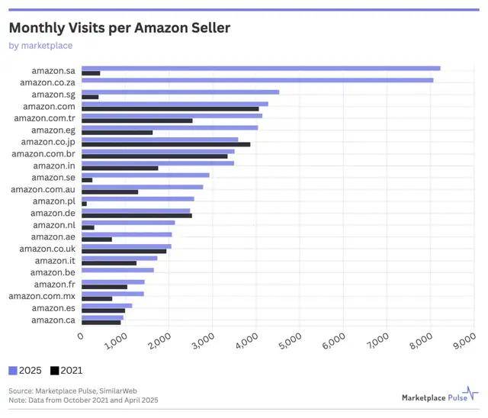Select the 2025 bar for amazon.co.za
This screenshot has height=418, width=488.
tap(257, 80)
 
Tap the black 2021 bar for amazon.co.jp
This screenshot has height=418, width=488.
tap(165, 144)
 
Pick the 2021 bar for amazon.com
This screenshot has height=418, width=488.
tap(170, 108)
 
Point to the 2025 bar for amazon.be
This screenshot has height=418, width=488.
tap(117, 270)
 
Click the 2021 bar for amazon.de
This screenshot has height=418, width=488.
tap(136, 215)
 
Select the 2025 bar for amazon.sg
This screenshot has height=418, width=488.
tap(180, 92)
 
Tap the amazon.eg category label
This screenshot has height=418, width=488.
tap(53, 130)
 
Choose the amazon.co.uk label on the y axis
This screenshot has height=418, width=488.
tap(47, 248)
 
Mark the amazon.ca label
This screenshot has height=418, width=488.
tap(53, 320)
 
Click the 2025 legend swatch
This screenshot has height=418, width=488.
tap(13, 371)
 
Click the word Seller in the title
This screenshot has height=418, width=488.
tap(205, 28)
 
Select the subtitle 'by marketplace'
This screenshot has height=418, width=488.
tap(40, 46)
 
